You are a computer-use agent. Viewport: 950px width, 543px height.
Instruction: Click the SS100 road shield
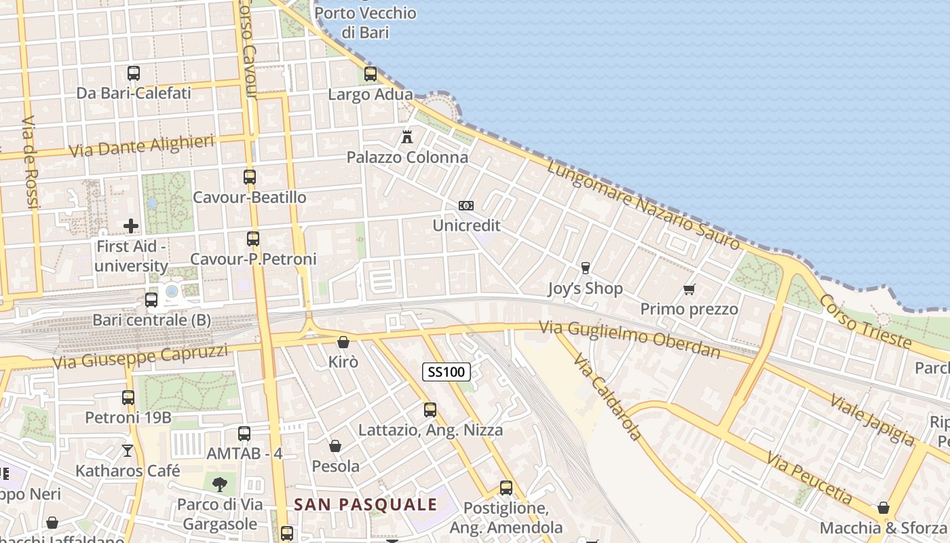coord(446,371)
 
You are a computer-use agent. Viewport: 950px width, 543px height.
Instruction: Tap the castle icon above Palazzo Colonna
coord(407,136)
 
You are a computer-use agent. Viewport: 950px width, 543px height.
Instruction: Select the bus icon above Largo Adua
coord(370,74)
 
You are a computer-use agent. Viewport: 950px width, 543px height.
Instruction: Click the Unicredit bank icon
coord(466,206)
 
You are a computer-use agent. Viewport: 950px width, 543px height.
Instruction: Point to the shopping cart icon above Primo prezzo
coord(689,290)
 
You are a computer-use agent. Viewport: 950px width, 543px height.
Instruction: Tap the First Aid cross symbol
coord(131,226)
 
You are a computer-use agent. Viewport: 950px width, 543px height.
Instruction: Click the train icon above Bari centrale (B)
coord(151,299)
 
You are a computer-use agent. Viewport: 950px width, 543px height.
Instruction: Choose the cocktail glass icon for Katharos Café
coord(128,450)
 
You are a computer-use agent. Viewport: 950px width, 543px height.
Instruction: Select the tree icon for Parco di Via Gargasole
coord(219,484)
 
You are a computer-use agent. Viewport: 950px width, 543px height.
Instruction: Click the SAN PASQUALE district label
coord(366,504)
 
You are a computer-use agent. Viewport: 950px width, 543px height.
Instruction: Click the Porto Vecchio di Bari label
coord(365,22)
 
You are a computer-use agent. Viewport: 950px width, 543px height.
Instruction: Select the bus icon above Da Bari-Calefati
coord(134,73)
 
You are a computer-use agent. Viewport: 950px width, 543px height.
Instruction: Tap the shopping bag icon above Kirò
coord(343,342)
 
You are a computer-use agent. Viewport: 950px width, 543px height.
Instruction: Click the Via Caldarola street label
coord(607,397)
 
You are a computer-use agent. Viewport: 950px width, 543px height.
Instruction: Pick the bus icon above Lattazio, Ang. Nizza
coord(430,409)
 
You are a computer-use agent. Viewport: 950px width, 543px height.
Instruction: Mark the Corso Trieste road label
coord(864,321)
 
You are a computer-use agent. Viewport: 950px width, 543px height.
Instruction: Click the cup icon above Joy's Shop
coord(585,268)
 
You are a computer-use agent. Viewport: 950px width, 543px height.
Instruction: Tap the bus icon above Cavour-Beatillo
coord(250,177)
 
